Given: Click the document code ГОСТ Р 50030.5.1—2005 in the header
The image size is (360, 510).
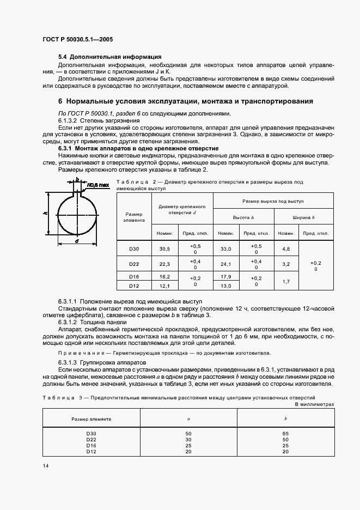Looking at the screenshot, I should click(x=77, y=39).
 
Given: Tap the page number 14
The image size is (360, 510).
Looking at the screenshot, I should click(x=45, y=466).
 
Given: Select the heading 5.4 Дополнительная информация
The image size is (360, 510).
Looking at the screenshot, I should click(x=109, y=57).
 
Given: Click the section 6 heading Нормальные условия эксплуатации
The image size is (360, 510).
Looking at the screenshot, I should click(x=185, y=101).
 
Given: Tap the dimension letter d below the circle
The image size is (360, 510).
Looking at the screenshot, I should click(x=77, y=240).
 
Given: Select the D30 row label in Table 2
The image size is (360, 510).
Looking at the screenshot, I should click(x=134, y=249).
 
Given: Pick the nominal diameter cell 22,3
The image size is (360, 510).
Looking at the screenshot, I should click(x=166, y=265).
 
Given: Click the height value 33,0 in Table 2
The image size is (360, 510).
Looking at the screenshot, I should click(x=225, y=249).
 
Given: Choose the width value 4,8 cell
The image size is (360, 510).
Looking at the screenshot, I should click(x=286, y=249).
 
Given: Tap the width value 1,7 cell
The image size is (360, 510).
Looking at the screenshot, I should click(x=286, y=281).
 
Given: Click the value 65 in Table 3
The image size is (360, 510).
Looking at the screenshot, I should click(x=286, y=433).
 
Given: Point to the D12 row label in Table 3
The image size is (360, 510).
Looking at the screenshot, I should click(x=91, y=451).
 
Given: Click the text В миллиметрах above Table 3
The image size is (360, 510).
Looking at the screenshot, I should click(x=314, y=405).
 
